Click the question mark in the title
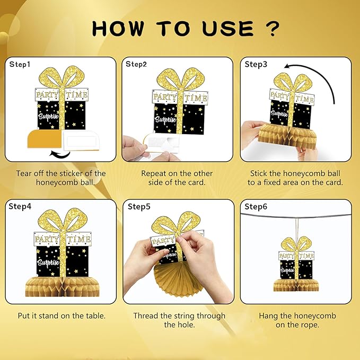pos(273,29)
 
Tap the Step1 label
pos(20,65)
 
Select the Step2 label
pos(136,64)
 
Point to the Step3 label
pos(256,64)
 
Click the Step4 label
pos(20,206)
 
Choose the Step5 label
pos(139,206)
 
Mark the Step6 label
pos(256,207)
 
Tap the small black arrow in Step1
pos(60,154)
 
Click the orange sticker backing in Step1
pos(45,139)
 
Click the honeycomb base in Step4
pos(63,286)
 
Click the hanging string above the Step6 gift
pos(297,228)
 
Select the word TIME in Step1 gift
pos(76,95)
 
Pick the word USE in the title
pos(228,29)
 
